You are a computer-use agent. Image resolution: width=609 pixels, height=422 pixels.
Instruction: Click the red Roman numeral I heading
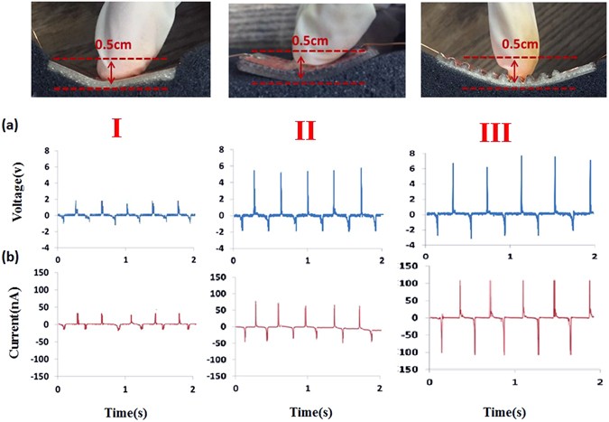click(x=116, y=128)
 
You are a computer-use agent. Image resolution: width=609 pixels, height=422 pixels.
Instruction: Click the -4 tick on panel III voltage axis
click(x=410, y=248)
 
